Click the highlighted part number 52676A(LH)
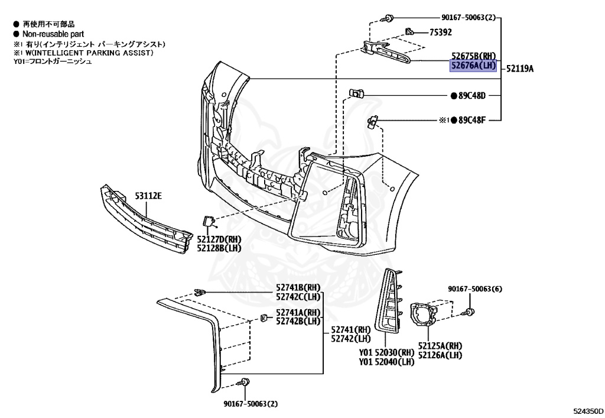coord(473,66)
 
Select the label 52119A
coord(519,69)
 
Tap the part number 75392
coord(441,33)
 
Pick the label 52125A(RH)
coord(440,346)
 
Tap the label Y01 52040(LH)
coord(386,361)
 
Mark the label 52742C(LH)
coord(297,296)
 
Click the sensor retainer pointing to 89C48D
coord(356,93)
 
